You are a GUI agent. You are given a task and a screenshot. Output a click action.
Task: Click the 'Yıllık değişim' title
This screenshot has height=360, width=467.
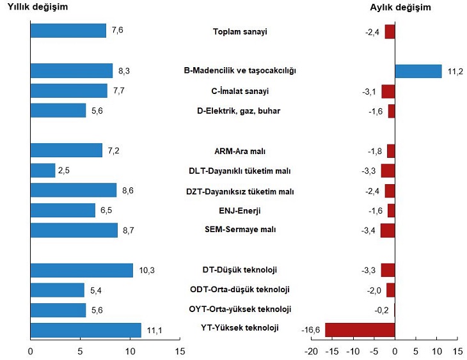(x=37, y=8)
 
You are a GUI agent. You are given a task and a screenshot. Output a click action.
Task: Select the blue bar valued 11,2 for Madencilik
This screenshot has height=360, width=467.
(x=418, y=71)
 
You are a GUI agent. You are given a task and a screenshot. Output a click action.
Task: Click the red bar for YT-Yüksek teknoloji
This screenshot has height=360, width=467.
(x=360, y=330)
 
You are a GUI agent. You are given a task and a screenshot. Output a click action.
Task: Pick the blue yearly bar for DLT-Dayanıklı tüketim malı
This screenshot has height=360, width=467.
(x=43, y=171)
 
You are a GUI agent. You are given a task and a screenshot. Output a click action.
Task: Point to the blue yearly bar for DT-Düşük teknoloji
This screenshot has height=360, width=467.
(x=82, y=270)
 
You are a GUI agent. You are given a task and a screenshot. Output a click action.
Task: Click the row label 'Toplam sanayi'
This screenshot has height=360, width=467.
(x=239, y=31)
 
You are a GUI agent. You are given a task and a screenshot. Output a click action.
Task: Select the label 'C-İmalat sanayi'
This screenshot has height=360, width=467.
(x=240, y=91)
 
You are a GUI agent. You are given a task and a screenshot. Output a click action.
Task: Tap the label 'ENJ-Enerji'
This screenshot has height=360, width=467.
(x=239, y=210)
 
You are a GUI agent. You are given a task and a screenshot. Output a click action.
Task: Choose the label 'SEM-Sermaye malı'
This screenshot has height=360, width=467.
(x=239, y=230)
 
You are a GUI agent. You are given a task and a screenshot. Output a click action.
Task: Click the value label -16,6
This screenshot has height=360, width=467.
(x=311, y=330)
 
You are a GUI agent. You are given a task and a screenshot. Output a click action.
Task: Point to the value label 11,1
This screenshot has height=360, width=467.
(x=152, y=330)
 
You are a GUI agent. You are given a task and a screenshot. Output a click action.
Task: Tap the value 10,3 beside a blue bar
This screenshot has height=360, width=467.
(x=145, y=270)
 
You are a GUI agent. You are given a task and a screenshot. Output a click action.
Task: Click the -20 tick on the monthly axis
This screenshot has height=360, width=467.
(x=311, y=351)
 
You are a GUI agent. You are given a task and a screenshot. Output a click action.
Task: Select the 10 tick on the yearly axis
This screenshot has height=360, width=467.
(x=131, y=351)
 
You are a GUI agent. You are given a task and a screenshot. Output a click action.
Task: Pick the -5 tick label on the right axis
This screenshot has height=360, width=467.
(x=374, y=351)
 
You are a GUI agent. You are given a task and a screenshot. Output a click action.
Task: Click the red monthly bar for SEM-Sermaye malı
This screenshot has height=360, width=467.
(x=388, y=230)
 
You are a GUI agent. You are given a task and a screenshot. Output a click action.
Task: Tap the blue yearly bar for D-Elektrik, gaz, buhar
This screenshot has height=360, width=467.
(x=58, y=111)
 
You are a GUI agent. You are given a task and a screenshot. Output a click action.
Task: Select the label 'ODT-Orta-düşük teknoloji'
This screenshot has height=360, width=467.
(x=239, y=290)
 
